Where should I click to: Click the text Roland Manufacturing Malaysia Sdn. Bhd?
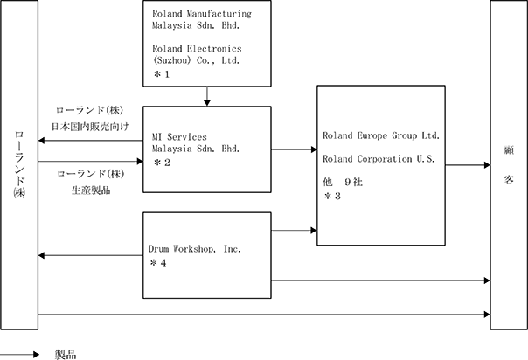tap(202, 19)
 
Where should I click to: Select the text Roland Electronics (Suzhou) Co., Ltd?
tap(197, 54)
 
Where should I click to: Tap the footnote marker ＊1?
tap(162, 74)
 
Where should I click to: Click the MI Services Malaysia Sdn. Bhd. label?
tap(196, 142)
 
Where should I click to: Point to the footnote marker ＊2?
tap(162, 163)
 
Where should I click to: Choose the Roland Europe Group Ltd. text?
tap(381, 136)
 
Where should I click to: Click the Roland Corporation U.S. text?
tap(379, 159)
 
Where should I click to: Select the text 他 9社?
tap(343, 182)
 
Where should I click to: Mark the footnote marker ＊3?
tap(332, 196)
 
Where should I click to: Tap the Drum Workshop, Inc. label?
tap(195, 249)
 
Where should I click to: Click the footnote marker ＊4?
tap(158, 263)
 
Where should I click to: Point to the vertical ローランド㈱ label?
tap(19, 164)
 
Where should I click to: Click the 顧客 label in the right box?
tap(509, 165)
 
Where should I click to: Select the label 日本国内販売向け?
tap(90, 127)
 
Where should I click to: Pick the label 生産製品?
tap(91, 190)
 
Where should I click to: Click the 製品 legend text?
tap(66, 355)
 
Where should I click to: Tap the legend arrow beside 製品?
tap(19, 354)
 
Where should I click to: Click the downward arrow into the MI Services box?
tap(207, 97)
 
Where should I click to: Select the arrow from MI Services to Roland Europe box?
tap(294, 149)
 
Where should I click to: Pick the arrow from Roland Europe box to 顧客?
tap(468, 165)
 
